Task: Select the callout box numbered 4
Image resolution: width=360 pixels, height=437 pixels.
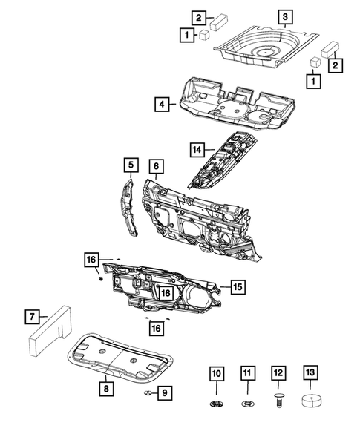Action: (x=161, y=105)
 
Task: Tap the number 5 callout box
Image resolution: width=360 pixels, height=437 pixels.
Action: (x=130, y=165)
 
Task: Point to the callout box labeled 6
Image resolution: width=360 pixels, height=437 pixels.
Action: (x=155, y=165)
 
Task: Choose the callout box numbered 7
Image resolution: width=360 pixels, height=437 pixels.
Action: (x=31, y=318)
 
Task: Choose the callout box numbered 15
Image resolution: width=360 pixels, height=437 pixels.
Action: (x=237, y=286)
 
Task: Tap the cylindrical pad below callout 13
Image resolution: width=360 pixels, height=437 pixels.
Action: (x=309, y=402)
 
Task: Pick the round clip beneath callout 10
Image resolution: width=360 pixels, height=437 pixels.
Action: (x=217, y=404)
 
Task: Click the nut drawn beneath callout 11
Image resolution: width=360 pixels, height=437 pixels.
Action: (x=247, y=404)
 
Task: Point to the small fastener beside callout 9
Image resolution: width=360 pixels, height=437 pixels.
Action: (x=148, y=392)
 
